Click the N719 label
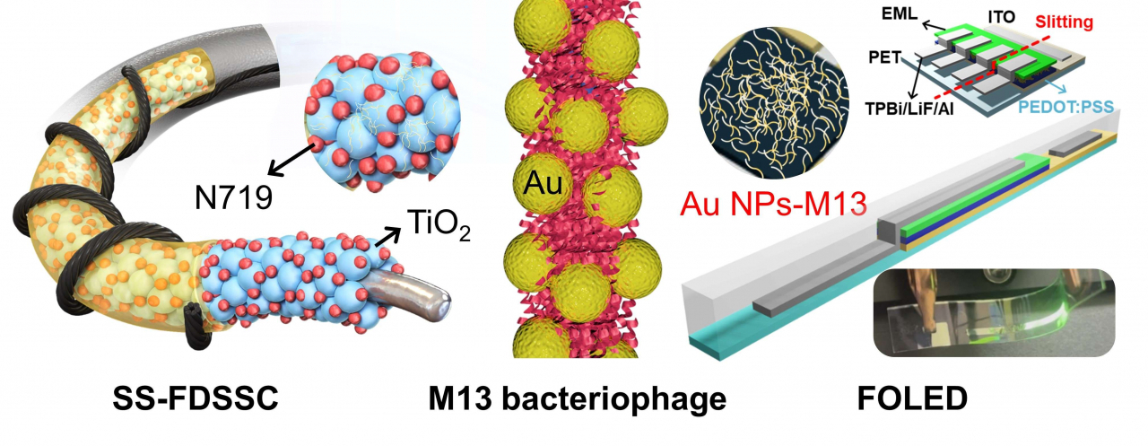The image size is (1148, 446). (233, 197)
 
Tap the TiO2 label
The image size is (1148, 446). (439, 224)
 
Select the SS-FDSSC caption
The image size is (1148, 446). (196, 398)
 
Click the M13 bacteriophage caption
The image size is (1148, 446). (577, 399)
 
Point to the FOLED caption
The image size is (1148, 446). (912, 398)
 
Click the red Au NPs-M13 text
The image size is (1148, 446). (773, 204)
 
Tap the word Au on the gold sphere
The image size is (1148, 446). (543, 183)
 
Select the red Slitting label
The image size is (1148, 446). (1064, 22)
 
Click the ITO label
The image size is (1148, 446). (1002, 17)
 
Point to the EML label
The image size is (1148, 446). (900, 13)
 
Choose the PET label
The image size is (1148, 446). (884, 57)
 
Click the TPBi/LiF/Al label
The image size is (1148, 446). (909, 109)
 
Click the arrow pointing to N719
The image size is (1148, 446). (291, 159)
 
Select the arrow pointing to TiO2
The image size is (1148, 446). (388, 237)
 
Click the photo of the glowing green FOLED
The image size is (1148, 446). (994, 312)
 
